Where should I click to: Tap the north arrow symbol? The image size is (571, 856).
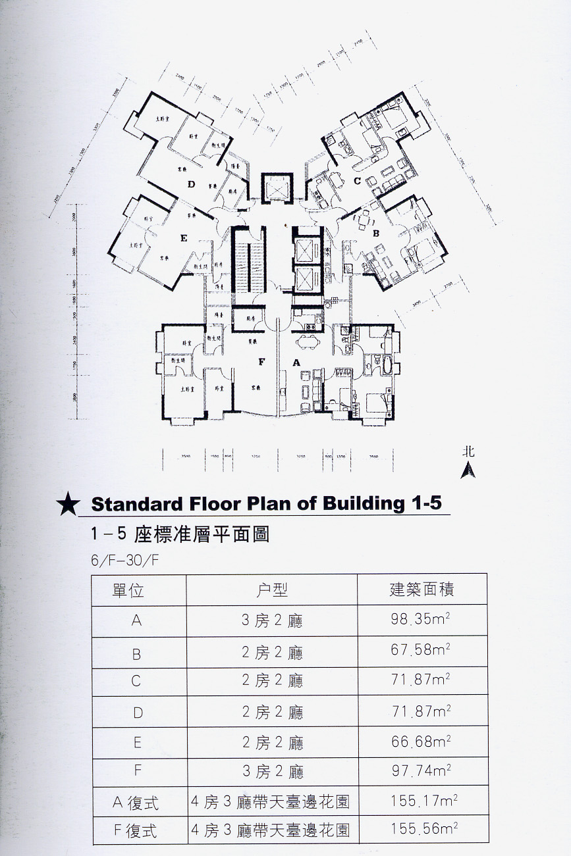click(468, 470)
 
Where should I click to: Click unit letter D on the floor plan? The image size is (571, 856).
click(192, 184)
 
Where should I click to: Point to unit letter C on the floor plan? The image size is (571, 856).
click(356, 180)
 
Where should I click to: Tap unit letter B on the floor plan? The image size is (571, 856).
click(375, 233)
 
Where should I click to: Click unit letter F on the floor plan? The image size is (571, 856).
click(261, 361)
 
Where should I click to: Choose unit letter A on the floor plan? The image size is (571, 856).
click(296, 361)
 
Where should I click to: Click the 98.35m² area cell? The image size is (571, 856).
click(421, 620)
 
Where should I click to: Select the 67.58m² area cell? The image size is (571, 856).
click(421, 651)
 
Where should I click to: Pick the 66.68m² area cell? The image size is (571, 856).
click(421, 742)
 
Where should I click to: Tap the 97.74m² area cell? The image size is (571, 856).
click(421, 770)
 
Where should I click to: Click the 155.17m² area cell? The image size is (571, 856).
click(423, 801)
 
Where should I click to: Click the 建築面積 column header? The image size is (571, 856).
click(421, 589)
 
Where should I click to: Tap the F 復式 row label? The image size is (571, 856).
click(136, 830)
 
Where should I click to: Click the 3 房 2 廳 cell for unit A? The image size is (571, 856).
click(272, 621)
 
